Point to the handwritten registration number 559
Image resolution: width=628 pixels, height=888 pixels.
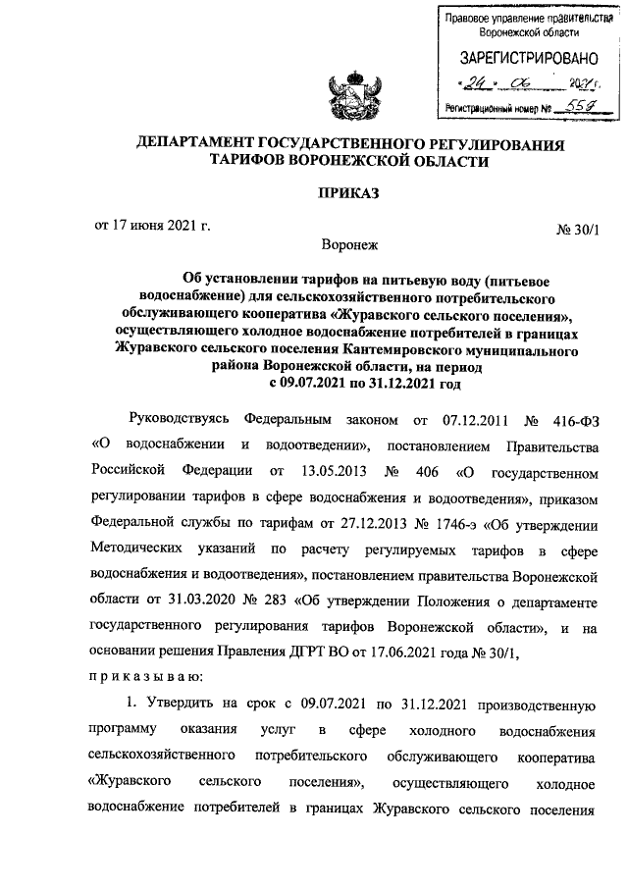(x=568, y=108)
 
